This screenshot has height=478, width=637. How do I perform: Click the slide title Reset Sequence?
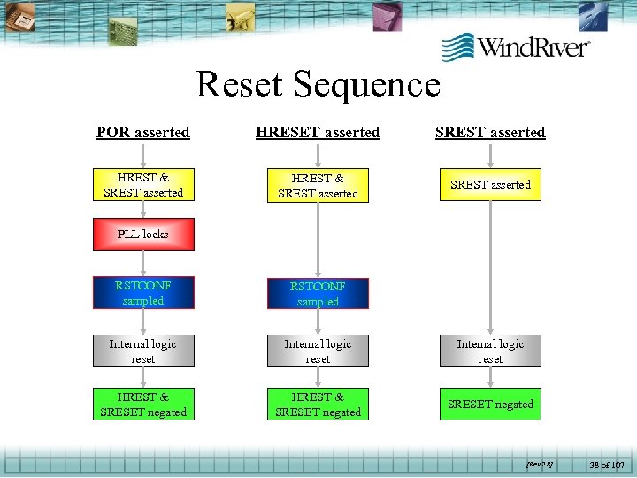318,85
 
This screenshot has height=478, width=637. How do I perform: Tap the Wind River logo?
517,46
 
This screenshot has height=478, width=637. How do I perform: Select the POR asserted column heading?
143,133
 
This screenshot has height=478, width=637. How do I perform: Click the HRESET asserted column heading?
318,133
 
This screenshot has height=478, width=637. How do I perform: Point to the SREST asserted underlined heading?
490,133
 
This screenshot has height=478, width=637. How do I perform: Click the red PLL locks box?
143,235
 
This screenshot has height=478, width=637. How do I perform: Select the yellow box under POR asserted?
143,184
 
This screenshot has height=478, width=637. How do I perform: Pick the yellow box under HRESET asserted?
318,185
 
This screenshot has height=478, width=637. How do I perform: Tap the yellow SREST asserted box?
490,184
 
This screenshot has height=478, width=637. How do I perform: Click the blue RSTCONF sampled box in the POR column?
143,293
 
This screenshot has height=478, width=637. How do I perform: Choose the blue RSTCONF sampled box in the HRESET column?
318,294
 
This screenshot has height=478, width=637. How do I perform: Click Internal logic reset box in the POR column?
143,351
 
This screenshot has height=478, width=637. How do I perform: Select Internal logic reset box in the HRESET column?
318,351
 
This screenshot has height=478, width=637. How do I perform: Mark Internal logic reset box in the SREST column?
490,351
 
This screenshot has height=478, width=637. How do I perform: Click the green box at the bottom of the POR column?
143,405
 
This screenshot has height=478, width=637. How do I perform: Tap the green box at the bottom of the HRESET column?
318,405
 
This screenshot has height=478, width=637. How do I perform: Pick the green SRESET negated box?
490,405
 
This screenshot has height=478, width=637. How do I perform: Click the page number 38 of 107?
606,464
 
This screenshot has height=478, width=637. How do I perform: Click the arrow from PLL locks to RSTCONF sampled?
143,264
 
